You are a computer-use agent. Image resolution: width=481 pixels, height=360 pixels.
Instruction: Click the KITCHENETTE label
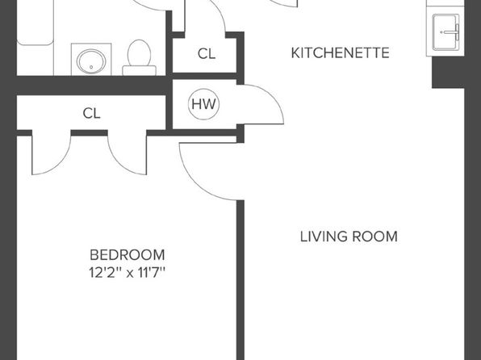pyautogui.click(x=341, y=52)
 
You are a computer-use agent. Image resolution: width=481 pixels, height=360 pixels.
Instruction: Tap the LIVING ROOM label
pyautogui.click(x=349, y=237)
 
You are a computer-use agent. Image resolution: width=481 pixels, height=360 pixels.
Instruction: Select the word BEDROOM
pyautogui.click(x=128, y=255)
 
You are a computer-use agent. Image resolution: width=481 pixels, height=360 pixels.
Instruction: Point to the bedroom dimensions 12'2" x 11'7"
pyautogui.click(x=128, y=273)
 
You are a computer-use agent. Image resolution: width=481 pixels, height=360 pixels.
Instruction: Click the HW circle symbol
pyautogui.click(x=203, y=104)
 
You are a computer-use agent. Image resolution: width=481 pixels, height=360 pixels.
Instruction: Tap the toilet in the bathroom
pyautogui.click(x=140, y=57)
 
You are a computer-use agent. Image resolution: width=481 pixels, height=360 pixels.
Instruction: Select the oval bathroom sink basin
pyautogui.click(x=91, y=61)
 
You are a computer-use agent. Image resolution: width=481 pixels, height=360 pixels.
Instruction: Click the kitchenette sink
pyautogui.click(x=445, y=32)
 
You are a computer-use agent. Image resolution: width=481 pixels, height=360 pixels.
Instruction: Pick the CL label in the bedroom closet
pyautogui.click(x=91, y=113)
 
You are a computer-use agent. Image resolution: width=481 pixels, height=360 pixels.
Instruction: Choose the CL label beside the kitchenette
pyautogui.click(x=207, y=54)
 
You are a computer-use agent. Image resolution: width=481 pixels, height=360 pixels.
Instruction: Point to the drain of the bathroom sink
pyautogui.click(x=91, y=67)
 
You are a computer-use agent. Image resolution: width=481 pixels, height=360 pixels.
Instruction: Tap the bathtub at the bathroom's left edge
pyautogui.click(x=36, y=23)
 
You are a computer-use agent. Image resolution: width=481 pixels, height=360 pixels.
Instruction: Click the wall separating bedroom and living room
pyautogui.click(x=240, y=280)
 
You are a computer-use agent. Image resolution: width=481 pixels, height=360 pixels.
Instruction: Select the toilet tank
pyautogui.click(x=140, y=70)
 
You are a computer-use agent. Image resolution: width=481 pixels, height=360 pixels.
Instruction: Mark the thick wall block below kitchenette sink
pyautogui.click(x=448, y=73)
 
